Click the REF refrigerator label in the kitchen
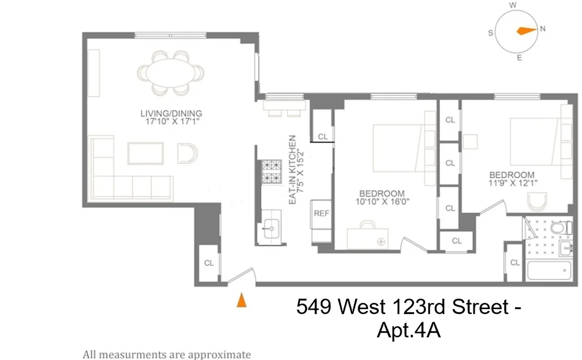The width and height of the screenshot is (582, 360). [321, 214]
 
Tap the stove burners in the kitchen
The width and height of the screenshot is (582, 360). [271, 172]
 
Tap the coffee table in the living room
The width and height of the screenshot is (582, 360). [145, 153]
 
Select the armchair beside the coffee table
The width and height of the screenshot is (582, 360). [187, 153]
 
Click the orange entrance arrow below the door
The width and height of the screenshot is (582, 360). [242, 300]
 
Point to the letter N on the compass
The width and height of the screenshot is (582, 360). [542, 28]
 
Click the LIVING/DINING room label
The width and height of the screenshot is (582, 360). [171, 113]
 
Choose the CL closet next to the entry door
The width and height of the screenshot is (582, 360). [209, 263]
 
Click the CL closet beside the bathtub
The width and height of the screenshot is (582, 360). [514, 262]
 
